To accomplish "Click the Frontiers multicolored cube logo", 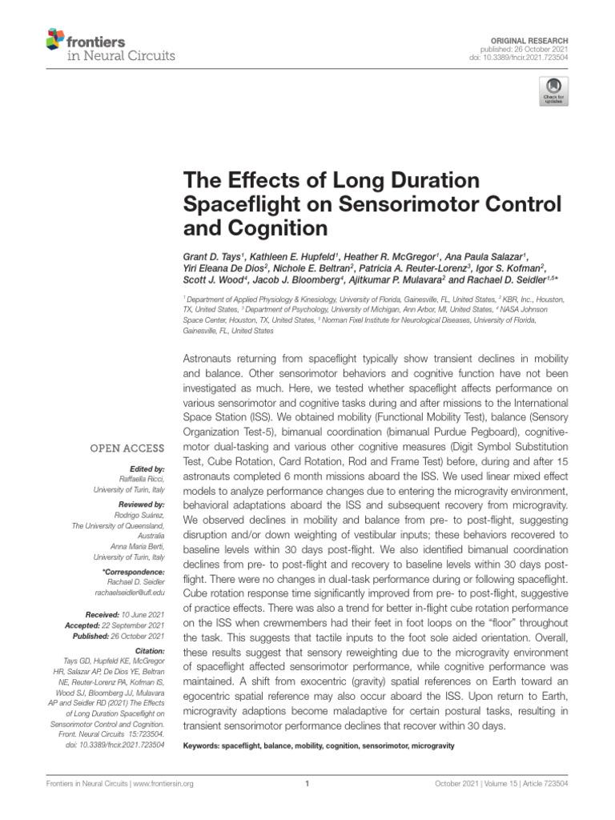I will coord(54,38).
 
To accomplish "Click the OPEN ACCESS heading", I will coord(127,448).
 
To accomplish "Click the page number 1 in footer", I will coord(307,784).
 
